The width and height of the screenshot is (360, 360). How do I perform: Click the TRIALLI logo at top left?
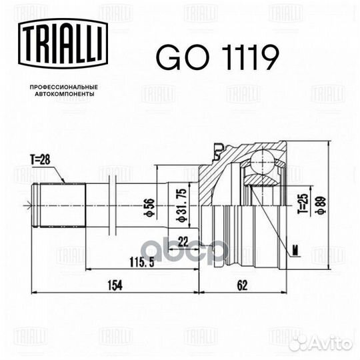(63, 43)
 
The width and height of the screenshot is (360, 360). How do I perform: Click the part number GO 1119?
(217, 57)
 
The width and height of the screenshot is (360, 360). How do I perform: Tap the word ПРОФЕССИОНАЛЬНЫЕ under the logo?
(64, 87)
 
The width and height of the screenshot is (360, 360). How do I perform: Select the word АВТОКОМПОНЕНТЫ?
(64, 94)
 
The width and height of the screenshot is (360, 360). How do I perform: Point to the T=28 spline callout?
(40, 159)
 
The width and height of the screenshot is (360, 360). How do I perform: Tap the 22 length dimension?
(183, 241)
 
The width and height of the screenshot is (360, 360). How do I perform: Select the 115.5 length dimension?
(141, 262)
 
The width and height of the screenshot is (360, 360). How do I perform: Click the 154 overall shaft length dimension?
(115, 285)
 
